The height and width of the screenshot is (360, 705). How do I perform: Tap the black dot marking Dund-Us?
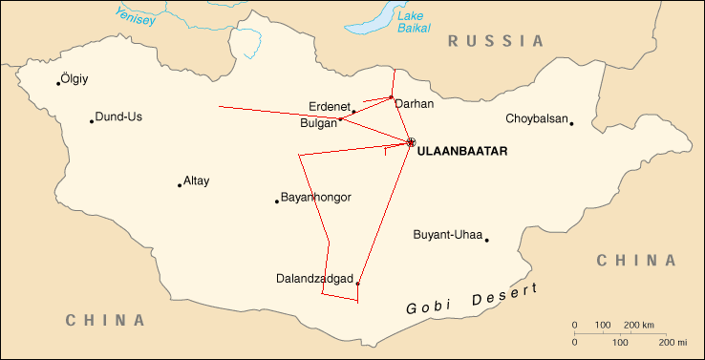click(92, 121)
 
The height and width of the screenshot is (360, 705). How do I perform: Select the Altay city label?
click(196, 180)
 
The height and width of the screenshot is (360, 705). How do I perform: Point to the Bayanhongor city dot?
click(277, 201)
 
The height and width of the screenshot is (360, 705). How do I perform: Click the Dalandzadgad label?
click(312, 279)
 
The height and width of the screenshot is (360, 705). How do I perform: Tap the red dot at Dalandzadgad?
click(357, 284)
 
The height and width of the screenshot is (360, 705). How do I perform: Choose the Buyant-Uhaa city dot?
click(486, 241)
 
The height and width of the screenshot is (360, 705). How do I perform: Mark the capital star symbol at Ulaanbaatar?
click(411, 142)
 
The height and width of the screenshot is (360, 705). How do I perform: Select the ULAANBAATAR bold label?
click(462, 151)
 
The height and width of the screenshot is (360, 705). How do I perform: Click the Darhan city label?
click(414, 104)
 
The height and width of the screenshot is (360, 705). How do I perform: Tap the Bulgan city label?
click(318, 123)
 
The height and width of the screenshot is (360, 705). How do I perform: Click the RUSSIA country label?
click(496, 41)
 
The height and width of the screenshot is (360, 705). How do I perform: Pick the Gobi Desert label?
click(471, 300)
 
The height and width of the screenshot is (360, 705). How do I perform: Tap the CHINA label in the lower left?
click(105, 320)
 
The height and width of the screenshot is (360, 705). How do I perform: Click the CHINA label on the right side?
click(635, 260)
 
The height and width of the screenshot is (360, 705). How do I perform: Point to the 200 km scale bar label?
click(640, 326)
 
